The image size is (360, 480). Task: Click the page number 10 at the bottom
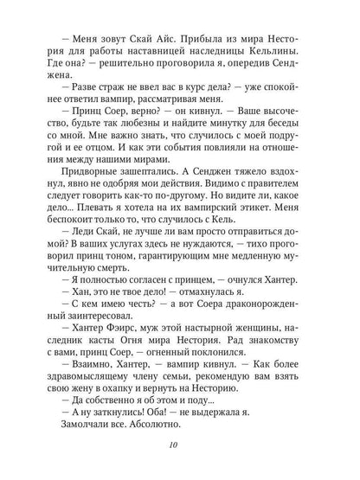pos(179,445)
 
